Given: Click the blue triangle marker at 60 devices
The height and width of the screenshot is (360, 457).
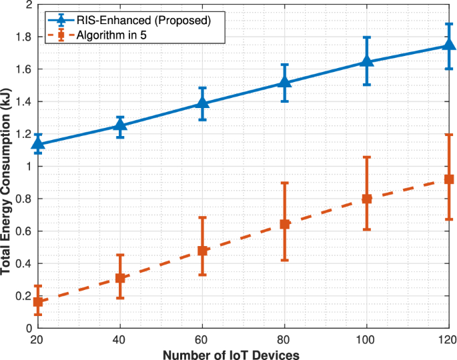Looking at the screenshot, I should [x=203, y=103].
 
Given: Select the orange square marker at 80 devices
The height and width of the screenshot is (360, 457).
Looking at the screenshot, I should [x=285, y=224].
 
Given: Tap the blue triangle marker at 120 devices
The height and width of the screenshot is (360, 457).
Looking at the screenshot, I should [x=449, y=45].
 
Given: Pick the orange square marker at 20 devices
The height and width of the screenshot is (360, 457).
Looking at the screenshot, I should [x=38, y=302].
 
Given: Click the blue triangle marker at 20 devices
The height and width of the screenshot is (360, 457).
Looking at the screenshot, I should [x=38, y=143].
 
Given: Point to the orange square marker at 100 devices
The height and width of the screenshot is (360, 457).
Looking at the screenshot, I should [x=367, y=199].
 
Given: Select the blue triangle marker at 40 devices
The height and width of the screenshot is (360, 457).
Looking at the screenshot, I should [x=120, y=125].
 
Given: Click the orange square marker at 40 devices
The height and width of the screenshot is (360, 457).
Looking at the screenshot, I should [x=120, y=278].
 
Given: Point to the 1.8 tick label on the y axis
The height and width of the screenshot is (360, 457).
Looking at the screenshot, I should [x=24, y=37].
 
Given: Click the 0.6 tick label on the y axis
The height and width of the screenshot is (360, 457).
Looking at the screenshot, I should [x=24, y=231].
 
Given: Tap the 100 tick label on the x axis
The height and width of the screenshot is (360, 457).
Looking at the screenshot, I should [x=367, y=339].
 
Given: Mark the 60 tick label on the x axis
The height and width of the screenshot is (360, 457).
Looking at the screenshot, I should [x=203, y=339].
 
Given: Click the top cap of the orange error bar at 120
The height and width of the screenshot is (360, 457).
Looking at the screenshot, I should [x=449, y=135].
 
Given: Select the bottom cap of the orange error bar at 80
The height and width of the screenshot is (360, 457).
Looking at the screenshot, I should [x=285, y=260].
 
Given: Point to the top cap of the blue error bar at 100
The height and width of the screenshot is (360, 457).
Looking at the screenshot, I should [x=367, y=37].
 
